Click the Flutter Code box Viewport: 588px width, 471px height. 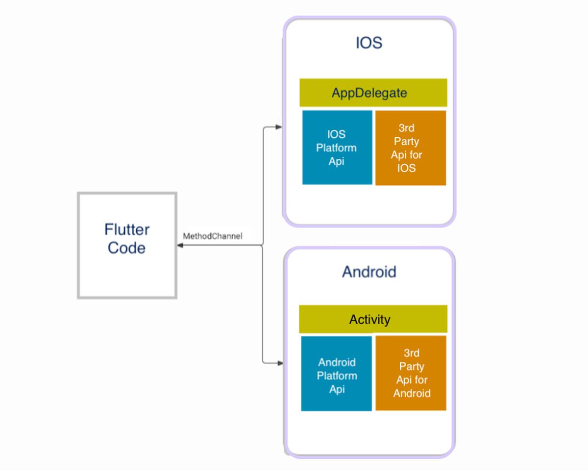(x=127, y=245)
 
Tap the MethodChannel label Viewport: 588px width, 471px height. (x=212, y=236)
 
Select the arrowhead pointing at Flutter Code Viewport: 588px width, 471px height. (x=180, y=245)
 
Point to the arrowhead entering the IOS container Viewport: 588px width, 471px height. (x=278, y=127)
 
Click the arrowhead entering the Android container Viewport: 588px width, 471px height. (x=280, y=363)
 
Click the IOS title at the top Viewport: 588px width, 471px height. (x=369, y=43)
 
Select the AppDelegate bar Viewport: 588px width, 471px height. (x=373, y=93)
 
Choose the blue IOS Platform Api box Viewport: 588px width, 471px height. (x=337, y=148)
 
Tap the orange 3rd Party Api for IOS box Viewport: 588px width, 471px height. (x=411, y=148)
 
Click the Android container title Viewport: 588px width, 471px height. (x=369, y=272)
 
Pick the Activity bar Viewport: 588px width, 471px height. (x=373, y=319)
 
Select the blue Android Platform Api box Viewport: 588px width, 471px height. (x=336, y=373)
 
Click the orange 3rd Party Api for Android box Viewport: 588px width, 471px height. (x=411, y=373)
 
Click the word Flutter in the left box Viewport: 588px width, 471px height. (x=127, y=229)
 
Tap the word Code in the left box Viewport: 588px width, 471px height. (x=126, y=248)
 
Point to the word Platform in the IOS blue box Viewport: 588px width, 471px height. (x=336, y=148)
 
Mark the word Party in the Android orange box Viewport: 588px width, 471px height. (x=412, y=367)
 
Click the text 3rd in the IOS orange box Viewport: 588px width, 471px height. (x=407, y=128)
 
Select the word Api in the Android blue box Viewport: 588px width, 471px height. (x=337, y=389)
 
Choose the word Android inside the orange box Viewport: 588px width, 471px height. (x=412, y=394)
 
